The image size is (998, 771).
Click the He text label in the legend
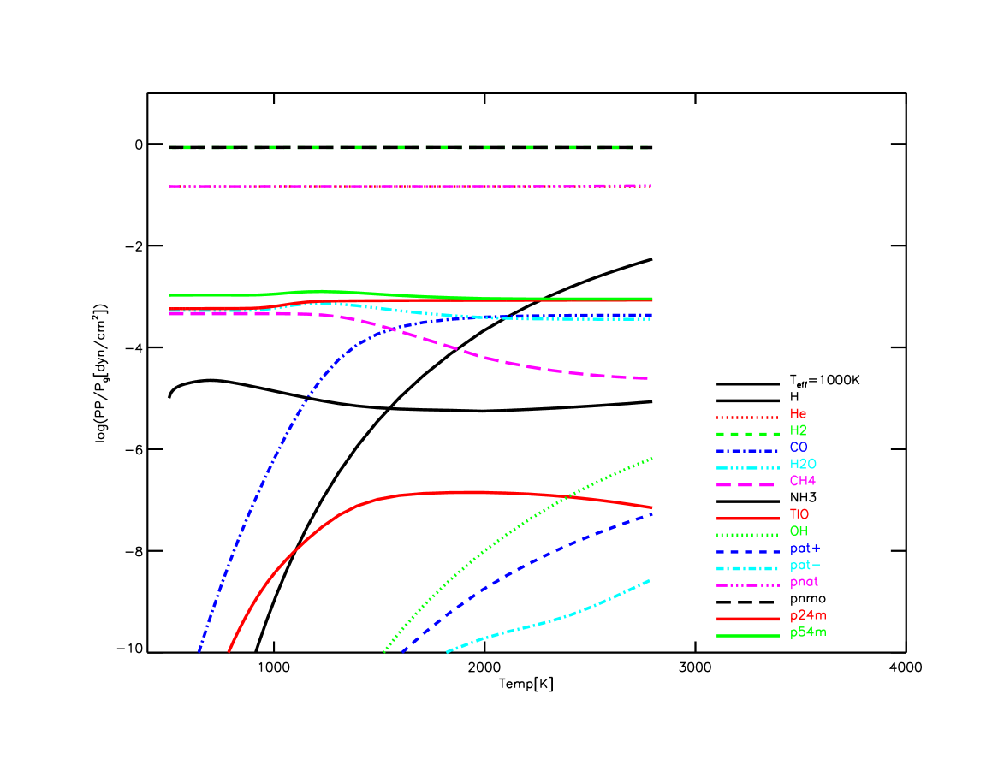(x=798, y=414)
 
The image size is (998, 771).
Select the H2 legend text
(x=798, y=431)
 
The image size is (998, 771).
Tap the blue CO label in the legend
(x=799, y=448)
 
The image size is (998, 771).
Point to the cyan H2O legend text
(x=803, y=465)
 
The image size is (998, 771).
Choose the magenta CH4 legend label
(x=803, y=481)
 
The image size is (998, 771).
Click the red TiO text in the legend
(x=799, y=515)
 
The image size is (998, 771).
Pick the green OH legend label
(x=799, y=531)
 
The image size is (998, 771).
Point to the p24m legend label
(x=808, y=616)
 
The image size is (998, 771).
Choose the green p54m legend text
(x=808, y=633)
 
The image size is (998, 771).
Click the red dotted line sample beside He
(x=747, y=418)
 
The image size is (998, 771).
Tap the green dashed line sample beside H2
(x=747, y=434)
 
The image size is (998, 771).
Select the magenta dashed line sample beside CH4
(x=747, y=484)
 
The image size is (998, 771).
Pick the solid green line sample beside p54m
(x=747, y=636)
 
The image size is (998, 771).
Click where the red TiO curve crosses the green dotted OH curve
(x=567, y=497)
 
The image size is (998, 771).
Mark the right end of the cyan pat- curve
(x=651, y=579)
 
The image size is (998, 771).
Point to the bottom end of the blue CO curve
(x=199, y=651)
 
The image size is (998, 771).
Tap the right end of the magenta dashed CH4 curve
(x=648, y=378)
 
